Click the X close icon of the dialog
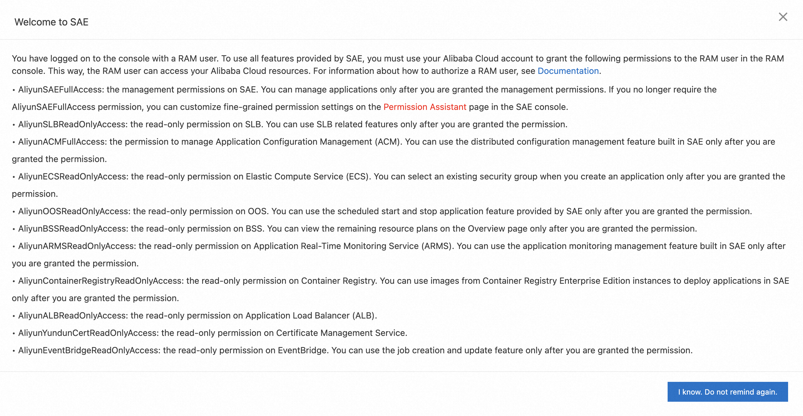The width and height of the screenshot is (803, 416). [783, 17]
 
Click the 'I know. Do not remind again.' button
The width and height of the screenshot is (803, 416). [727, 392]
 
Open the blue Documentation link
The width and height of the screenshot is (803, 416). [568, 71]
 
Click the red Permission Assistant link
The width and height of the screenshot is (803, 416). [424, 107]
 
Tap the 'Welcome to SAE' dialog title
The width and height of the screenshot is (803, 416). [52, 22]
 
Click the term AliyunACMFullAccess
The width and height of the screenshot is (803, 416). [62, 142]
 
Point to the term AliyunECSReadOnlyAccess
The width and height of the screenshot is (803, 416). [72, 177]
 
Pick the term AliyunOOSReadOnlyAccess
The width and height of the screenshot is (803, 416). [73, 211]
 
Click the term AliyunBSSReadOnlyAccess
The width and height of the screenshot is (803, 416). [72, 229]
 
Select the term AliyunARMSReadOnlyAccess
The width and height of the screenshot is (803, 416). [76, 246]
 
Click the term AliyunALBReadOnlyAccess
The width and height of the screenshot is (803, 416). [72, 316]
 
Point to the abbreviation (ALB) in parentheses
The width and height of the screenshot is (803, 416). [364, 316]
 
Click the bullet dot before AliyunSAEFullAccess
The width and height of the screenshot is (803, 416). [14, 90]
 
